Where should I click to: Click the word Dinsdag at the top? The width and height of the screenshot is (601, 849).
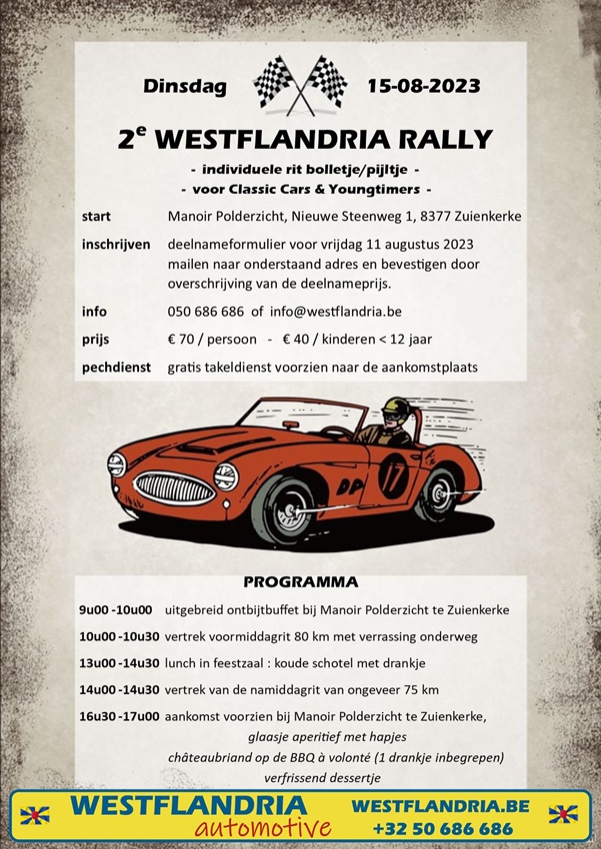185,85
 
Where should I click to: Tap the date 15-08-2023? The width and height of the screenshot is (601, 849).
423,85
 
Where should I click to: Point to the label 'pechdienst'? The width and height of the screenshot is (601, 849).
116,368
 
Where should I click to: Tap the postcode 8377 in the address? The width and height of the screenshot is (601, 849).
427,217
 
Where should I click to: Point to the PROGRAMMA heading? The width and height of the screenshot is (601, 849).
300,581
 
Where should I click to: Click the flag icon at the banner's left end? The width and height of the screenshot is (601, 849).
36,815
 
